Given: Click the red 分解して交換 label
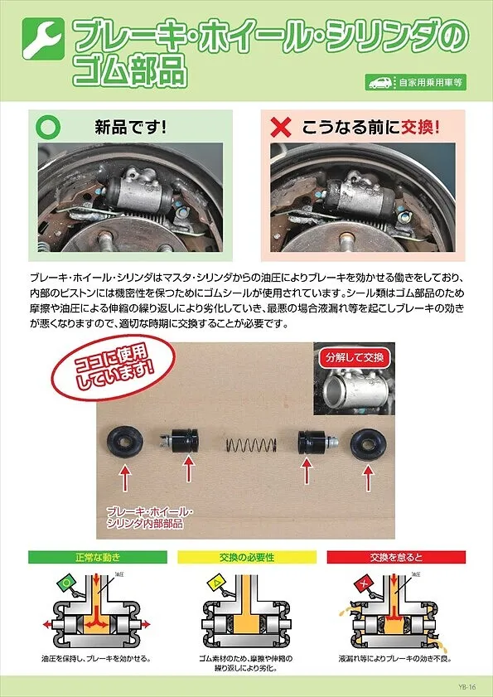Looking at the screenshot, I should tap(351, 358).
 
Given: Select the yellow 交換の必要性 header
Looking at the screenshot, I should tap(246, 557).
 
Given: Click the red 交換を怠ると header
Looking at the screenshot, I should tap(396, 557).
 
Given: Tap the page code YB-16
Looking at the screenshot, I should tap(466, 686).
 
